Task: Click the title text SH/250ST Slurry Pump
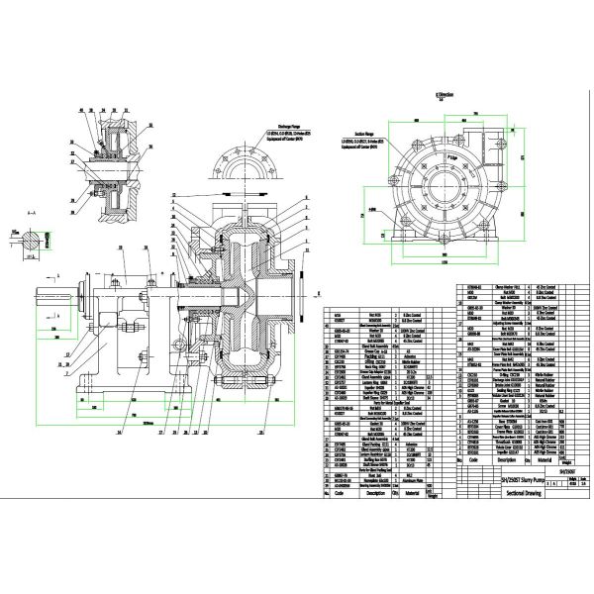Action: point(492,476)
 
